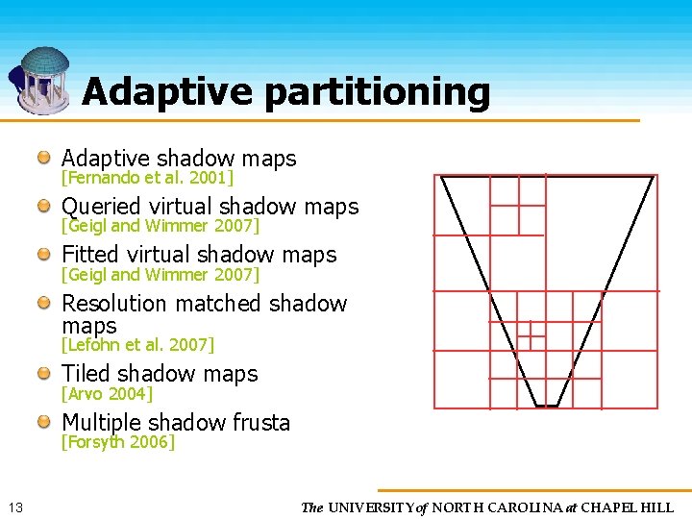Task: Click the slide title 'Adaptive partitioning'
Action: [x=286, y=92]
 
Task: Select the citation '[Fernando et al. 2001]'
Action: [x=147, y=178]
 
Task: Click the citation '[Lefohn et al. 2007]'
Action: [x=137, y=344]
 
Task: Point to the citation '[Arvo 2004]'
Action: [x=107, y=393]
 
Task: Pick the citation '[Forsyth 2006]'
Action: [x=118, y=442]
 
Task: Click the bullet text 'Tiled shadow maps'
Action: [x=160, y=374]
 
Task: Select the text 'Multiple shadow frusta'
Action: [x=176, y=423]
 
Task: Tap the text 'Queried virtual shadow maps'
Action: [x=210, y=207]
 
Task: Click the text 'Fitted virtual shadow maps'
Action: [x=199, y=255]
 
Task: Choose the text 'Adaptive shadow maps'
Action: [x=179, y=159]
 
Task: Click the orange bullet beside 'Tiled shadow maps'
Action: [x=45, y=374]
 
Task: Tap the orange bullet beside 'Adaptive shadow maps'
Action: [x=45, y=158]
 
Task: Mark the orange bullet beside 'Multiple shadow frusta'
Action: [x=45, y=423]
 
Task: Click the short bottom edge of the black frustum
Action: [x=546, y=407]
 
